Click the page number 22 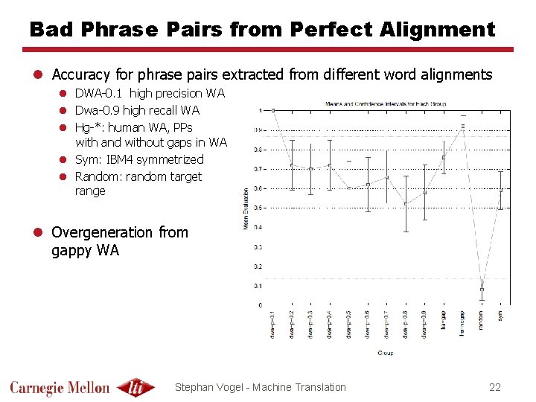(495, 386)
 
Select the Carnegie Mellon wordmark (60, 387)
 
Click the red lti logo (136, 387)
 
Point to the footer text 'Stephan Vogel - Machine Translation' (260, 386)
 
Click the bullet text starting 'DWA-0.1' (150, 93)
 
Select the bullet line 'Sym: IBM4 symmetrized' (139, 159)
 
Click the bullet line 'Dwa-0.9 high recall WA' (137, 110)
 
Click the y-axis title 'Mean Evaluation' (246, 208)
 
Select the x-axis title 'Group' (386, 352)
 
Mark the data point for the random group (482, 289)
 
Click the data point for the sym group (501, 190)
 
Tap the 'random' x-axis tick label (482, 320)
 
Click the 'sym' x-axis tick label (501, 316)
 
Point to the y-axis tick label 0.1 (258, 286)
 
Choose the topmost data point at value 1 (272, 110)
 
